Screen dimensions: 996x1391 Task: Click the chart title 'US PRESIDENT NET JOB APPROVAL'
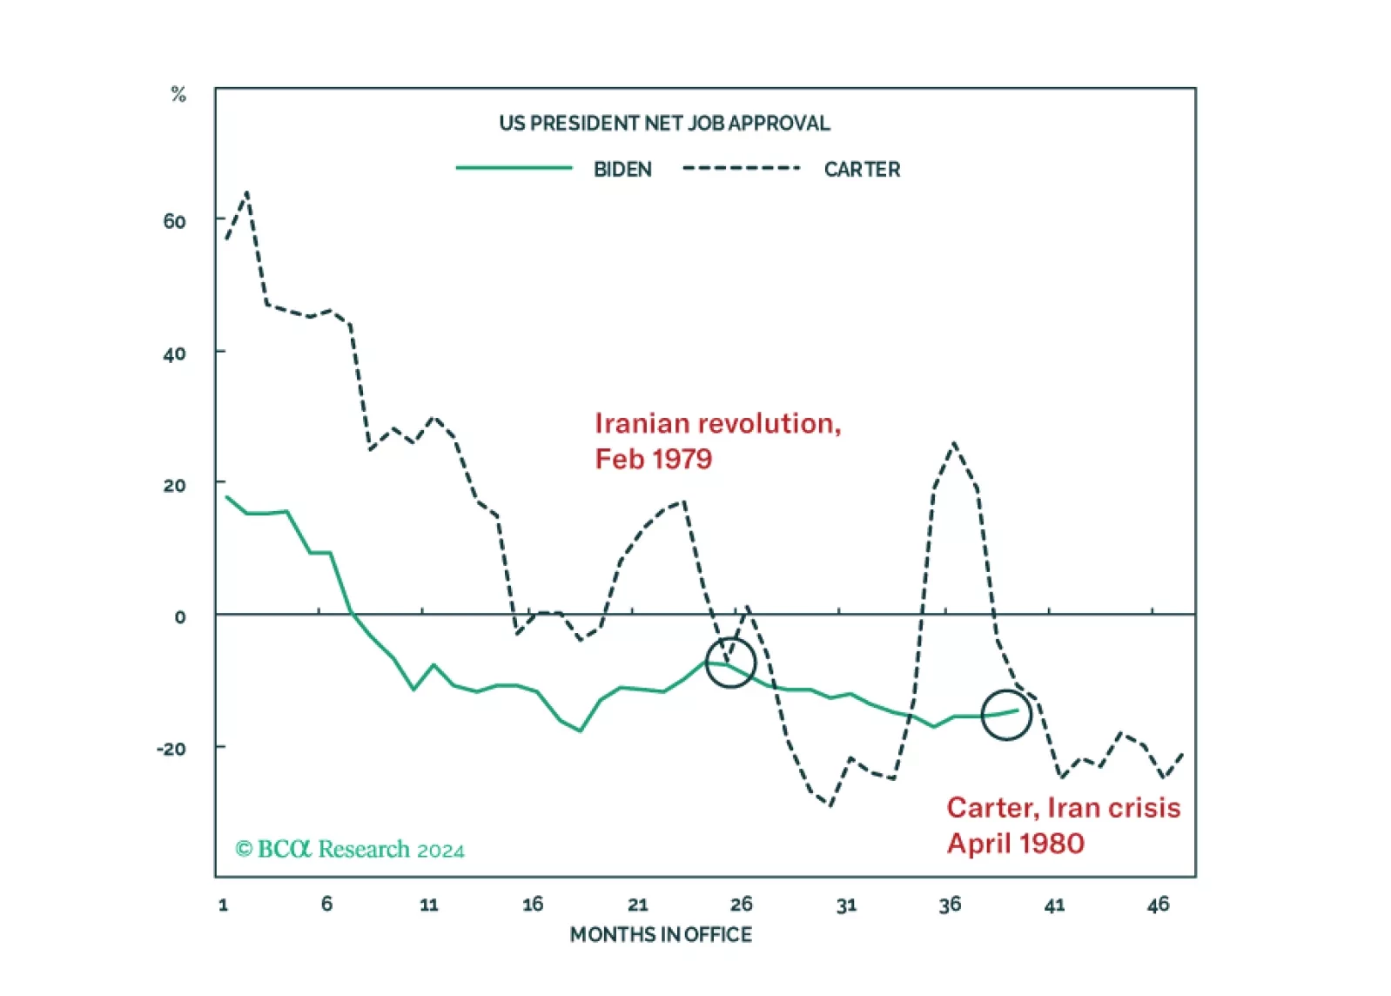664,124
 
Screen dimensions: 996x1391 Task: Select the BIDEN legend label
622,170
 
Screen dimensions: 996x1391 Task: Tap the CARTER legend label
862,170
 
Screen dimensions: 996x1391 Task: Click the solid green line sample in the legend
514,168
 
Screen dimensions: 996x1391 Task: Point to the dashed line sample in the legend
741,168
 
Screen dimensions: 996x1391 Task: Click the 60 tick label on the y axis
174,222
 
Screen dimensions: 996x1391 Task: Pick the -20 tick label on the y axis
171,749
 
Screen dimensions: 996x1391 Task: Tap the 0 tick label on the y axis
179,617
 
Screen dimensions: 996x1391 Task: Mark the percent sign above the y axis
178,94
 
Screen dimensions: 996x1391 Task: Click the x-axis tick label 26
741,905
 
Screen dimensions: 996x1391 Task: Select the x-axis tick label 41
1054,905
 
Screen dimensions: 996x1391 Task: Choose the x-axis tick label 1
224,905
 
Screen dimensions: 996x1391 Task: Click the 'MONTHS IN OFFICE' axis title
661,935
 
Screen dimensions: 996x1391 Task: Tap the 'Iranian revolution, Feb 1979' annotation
717,441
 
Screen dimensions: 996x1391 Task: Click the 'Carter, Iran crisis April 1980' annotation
1063,825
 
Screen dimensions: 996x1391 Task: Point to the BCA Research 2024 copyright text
350,850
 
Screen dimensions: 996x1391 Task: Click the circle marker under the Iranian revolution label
729,663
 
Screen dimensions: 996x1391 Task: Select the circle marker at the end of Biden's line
1006,715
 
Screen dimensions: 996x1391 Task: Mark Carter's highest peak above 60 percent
247,192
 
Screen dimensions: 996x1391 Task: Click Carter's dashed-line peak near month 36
955,443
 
